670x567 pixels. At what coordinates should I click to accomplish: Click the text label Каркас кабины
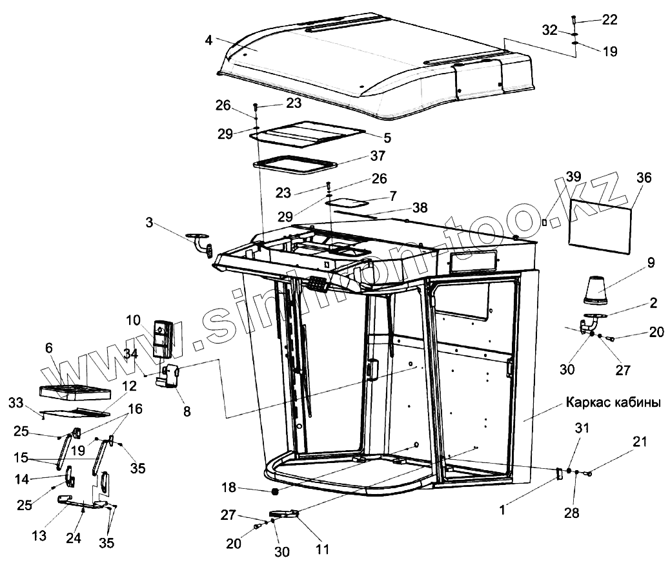613,402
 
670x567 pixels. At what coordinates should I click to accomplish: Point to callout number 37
378,156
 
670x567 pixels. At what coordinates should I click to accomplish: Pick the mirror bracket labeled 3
201,243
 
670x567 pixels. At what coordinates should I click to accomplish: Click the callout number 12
129,386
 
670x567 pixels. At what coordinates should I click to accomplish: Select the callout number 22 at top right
609,20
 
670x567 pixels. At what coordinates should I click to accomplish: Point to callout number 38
420,209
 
